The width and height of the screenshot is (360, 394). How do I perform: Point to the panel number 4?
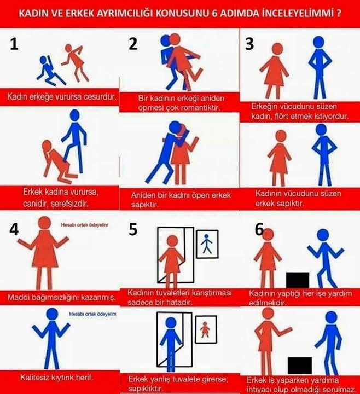tap(14, 229)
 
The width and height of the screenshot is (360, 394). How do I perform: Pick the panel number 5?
tap(133, 229)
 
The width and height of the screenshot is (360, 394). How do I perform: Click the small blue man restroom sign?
tap(207, 244)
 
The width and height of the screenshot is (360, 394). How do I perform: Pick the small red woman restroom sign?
tap(206, 329)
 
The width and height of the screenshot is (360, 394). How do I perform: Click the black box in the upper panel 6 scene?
tap(298, 280)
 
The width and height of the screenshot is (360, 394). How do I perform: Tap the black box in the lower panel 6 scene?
tap(300, 366)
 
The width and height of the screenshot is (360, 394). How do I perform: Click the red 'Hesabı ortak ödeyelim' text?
tap(85, 225)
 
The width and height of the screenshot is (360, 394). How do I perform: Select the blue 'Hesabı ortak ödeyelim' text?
tap(92, 314)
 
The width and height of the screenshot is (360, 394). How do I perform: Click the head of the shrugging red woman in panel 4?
tap(45, 223)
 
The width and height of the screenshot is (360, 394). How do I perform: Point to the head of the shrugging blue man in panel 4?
tap(52, 314)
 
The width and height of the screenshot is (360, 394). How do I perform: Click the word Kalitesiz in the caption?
tap(35, 377)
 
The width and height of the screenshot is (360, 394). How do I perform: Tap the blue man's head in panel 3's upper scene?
tap(318, 42)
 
